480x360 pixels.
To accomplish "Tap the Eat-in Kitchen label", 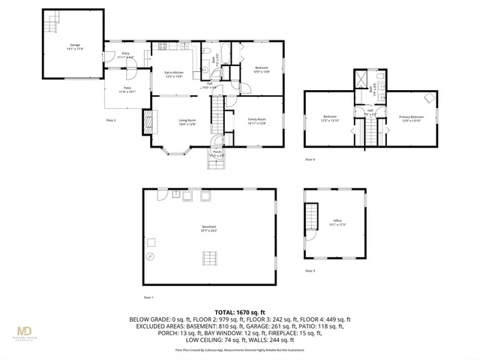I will [174, 73].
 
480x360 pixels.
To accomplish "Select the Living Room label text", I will [187, 121].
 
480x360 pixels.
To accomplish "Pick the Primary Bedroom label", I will [411, 118].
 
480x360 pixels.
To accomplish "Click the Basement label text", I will [208, 228].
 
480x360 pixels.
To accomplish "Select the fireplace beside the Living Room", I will [148, 121].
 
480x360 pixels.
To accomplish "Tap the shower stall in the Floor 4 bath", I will [362, 78].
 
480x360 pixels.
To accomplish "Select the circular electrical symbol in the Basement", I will [150, 257].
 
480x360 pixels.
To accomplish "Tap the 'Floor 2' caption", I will [111, 120].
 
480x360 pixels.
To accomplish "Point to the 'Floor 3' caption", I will [310, 270].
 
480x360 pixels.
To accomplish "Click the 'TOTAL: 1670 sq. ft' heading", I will [239, 311].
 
